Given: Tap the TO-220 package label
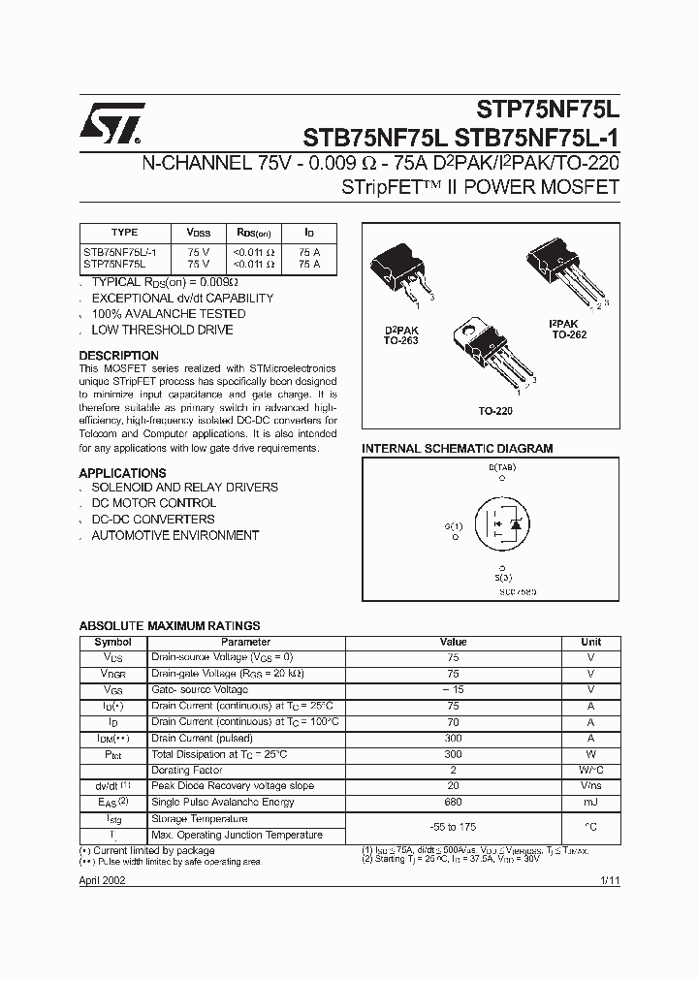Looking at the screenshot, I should [x=495, y=411].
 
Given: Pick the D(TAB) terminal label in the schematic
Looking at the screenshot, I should [x=501, y=468].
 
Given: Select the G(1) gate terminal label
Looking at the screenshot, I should [x=454, y=526].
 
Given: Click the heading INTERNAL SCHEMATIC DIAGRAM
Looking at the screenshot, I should [x=457, y=449].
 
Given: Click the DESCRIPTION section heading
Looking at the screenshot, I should [x=118, y=356].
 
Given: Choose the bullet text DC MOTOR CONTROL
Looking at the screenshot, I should [x=153, y=503].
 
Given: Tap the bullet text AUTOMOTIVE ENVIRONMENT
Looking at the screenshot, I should [x=174, y=535].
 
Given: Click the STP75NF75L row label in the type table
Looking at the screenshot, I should [x=114, y=263].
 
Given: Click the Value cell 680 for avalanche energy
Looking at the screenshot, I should [x=453, y=803].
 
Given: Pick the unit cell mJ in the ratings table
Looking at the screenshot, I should [x=590, y=803].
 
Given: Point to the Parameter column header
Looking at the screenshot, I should [x=245, y=642].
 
